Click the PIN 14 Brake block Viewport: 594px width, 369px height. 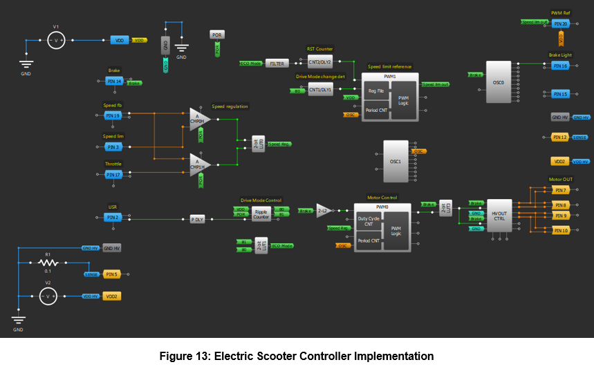(x=114, y=82)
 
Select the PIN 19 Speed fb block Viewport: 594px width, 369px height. (x=113, y=115)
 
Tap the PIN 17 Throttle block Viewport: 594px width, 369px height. (x=113, y=175)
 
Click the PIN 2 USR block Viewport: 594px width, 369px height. (x=112, y=217)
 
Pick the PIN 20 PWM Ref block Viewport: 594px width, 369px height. (x=560, y=23)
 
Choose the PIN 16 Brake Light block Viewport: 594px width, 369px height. (x=560, y=66)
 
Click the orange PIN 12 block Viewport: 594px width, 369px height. (x=560, y=138)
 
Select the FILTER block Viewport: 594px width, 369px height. (x=277, y=64)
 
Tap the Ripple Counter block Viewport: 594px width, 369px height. (x=261, y=214)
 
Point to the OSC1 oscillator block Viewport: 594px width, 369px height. (x=395, y=160)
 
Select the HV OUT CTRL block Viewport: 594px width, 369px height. (x=499, y=216)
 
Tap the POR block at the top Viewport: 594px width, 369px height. (x=217, y=35)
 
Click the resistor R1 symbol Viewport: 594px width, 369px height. (x=48, y=263)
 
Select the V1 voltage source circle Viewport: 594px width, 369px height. (x=57, y=40)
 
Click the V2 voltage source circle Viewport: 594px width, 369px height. (x=48, y=296)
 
